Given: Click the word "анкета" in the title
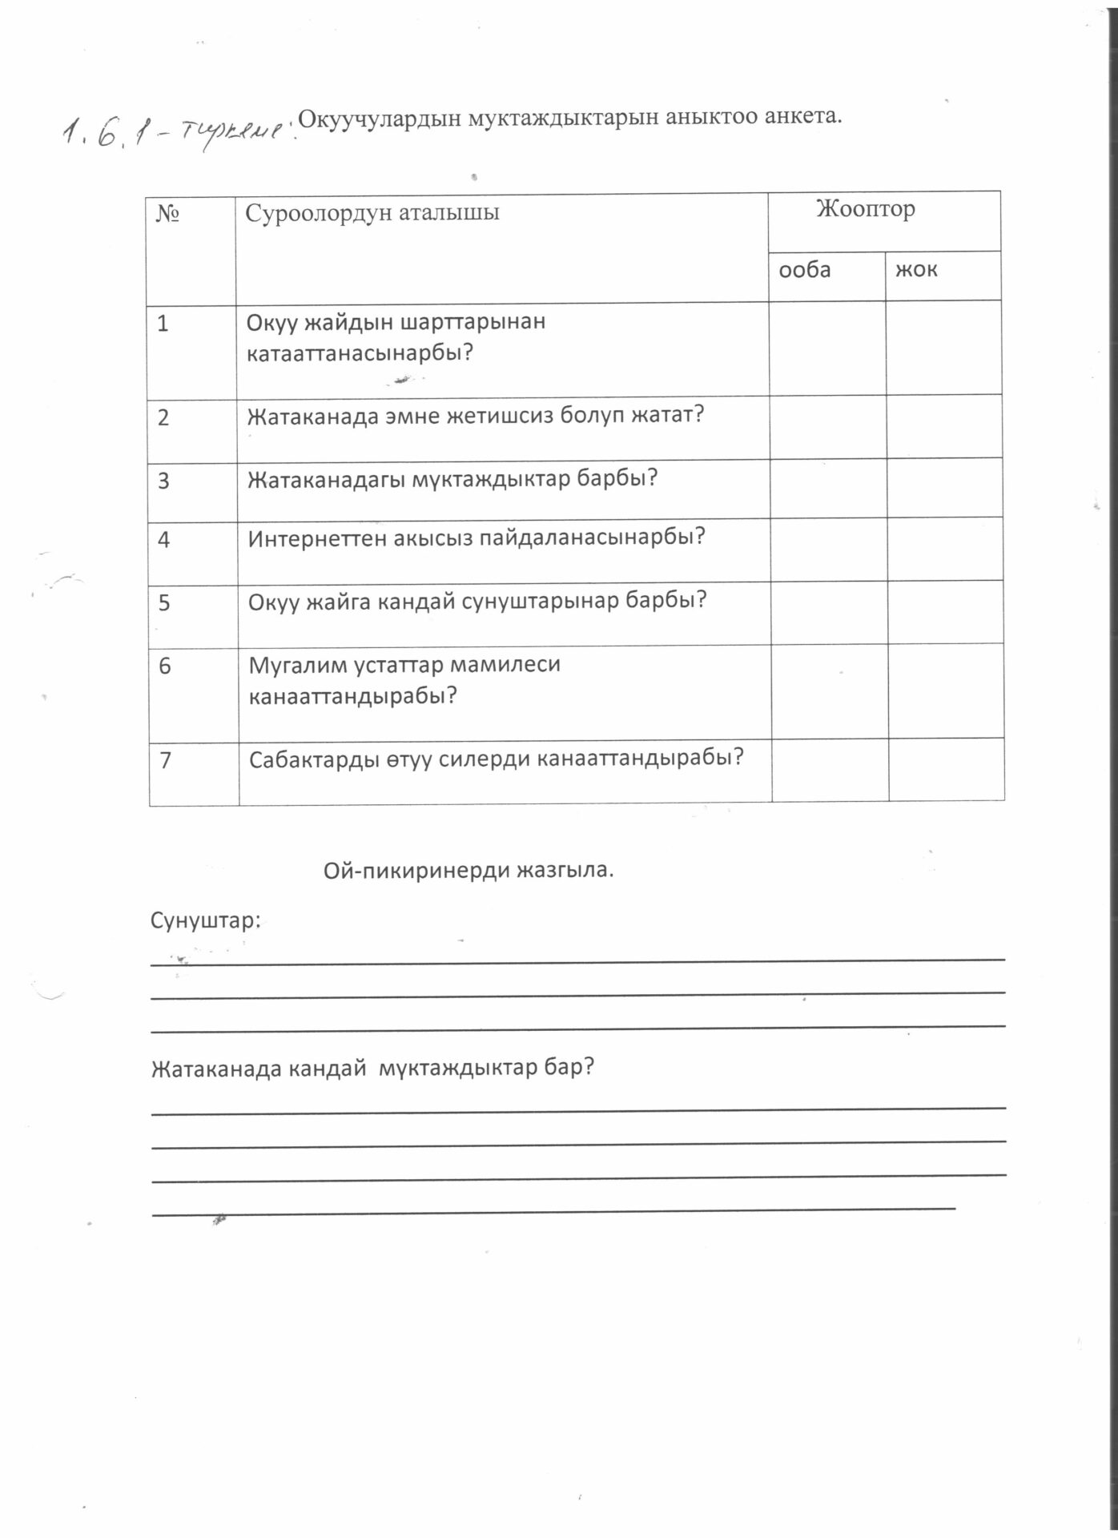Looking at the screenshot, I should pyautogui.click(x=803, y=116).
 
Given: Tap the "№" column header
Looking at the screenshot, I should pyautogui.click(x=167, y=214).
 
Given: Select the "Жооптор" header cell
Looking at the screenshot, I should pyautogui.click(x=865, y=210).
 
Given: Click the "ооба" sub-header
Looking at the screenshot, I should pyautogui.click(x=805, y=270).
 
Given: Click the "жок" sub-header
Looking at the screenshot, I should pyautogui.click(x=915, y=270).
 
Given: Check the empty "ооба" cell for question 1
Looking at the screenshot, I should pyautogui.click(x=826, y=348).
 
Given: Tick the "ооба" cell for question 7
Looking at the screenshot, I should pyautogui.click(x=830, y=770).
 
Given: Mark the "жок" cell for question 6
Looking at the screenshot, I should pyautogui.click(x=946, y=691).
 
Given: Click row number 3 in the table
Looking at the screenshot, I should pyautogui.click(x=164, y=481).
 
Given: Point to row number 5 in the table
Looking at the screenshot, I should pyautogui.click(x=164, y=602).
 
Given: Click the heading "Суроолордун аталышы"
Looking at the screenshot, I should pyautogui.click(x=372, y=213).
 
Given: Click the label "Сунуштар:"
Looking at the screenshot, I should pyautogui.click(x=206, y=921).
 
